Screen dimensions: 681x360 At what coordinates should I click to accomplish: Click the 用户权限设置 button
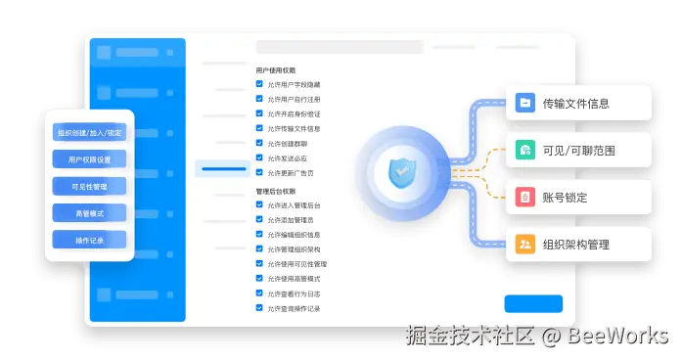[90, 159]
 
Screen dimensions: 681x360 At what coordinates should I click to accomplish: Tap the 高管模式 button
[90, 212]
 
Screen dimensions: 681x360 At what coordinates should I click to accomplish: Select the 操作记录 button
[90, 240]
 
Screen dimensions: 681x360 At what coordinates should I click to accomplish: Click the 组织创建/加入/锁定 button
[90, 133]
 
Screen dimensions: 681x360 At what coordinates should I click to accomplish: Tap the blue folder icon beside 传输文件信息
[525, 103]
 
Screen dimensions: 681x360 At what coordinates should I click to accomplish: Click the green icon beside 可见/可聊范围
[525, 150]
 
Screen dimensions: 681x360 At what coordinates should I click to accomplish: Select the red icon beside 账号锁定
[525, 197]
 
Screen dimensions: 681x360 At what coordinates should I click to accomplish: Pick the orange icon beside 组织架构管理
[525, 244]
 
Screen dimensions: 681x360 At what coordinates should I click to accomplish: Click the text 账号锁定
[566, 197]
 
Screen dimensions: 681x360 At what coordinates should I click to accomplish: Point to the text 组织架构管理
[583, 244]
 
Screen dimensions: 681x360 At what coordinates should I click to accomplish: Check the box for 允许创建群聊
[259, 142]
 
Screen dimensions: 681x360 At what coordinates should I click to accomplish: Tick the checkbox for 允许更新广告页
[259, 172]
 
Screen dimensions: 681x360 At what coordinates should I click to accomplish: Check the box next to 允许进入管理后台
[259, 205]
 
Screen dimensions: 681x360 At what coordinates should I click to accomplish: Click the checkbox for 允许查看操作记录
[259, 308]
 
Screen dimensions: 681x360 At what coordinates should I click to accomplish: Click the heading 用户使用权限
[276, 70]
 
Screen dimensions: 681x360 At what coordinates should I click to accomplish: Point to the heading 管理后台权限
[276, 191]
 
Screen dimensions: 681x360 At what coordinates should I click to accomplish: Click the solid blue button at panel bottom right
[533, 303]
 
